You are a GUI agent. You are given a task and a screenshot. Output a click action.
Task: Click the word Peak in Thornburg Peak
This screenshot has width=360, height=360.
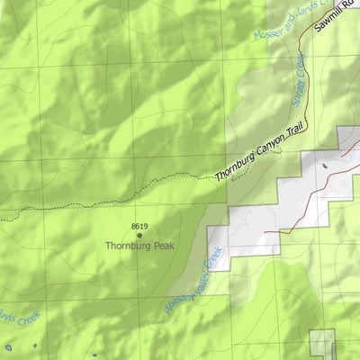pos(159,245)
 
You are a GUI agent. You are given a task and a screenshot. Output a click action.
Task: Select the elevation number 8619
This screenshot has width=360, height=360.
pos(139,225)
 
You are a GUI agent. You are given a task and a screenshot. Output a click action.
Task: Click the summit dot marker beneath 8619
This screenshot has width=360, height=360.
pos(139,234)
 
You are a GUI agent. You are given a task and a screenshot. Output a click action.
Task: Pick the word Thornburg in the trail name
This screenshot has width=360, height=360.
pos(230,168)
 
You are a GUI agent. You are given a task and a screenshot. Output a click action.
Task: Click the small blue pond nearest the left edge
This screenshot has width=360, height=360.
pos(7,346)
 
